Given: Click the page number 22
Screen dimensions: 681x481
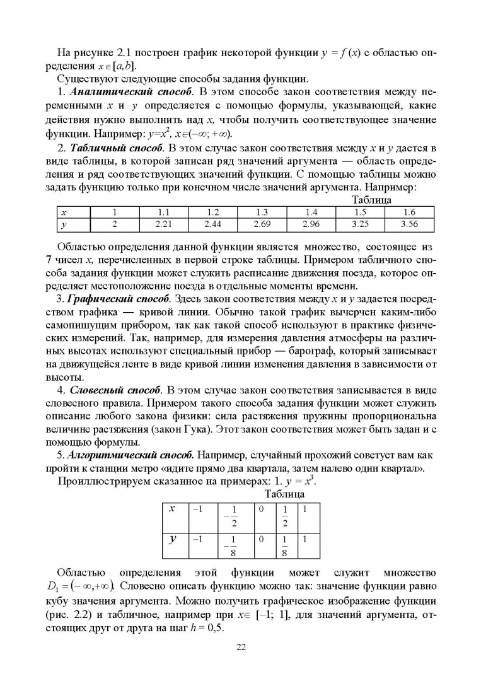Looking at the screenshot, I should [241, 646].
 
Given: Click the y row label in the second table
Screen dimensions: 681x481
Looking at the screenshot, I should [171, 539].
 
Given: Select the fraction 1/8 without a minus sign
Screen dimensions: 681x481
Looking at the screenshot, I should [283, 545].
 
